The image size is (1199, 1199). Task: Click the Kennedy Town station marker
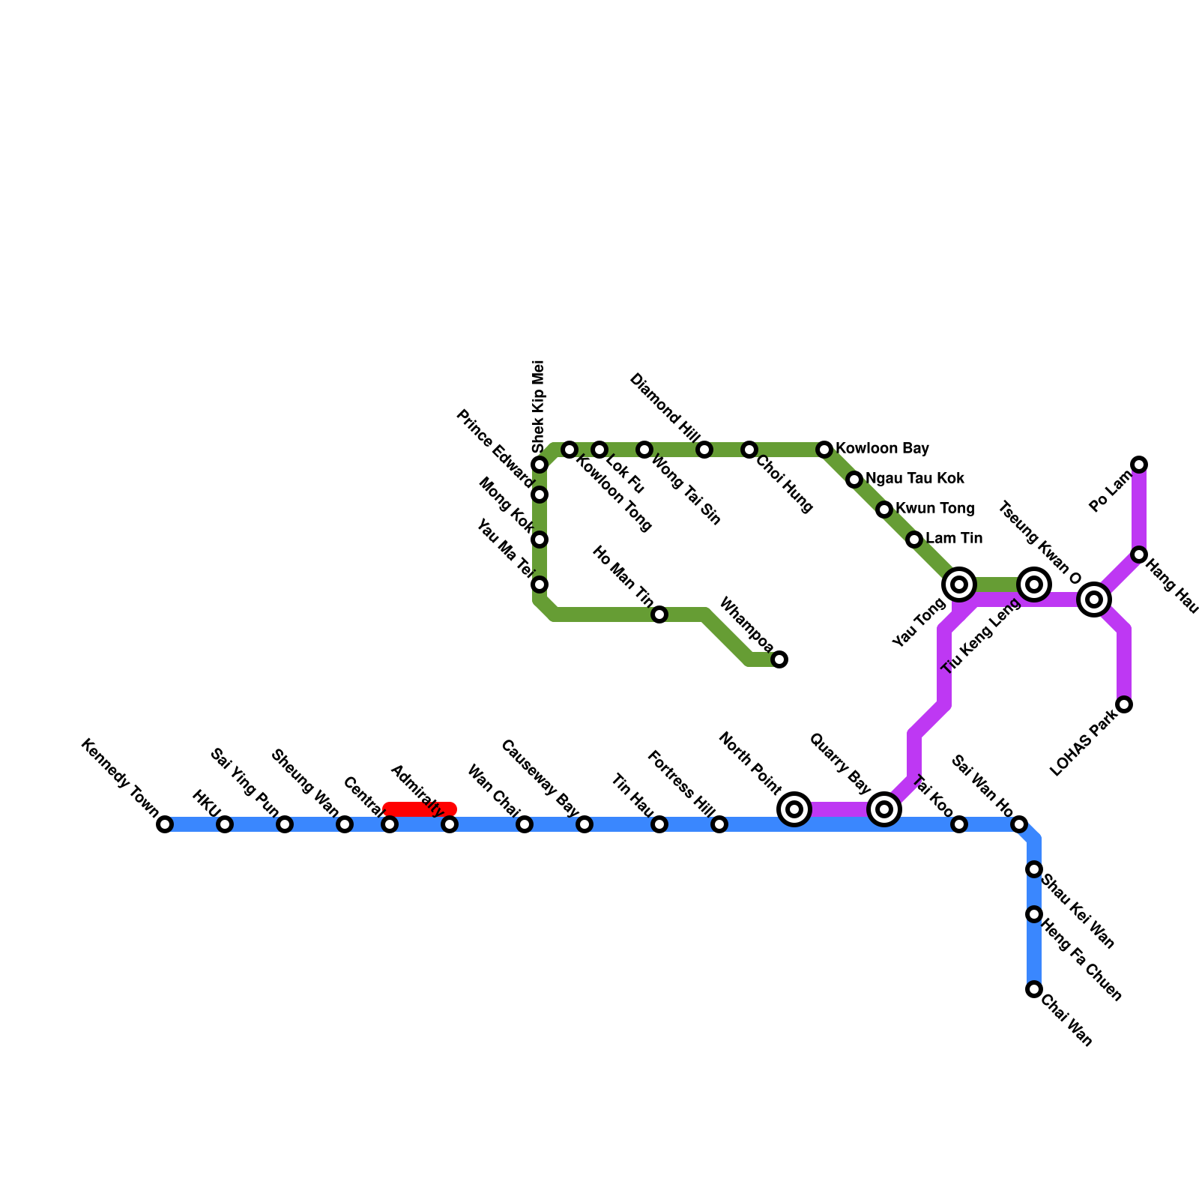point(165,824)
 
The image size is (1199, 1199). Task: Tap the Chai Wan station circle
point(1034,989)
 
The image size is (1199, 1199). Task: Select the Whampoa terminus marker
point(779,659)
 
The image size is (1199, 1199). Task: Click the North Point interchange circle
point(795,809)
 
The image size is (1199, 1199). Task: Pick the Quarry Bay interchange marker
point(884,809)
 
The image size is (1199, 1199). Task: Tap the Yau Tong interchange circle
point(959,585)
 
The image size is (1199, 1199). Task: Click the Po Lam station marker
point(1139,465)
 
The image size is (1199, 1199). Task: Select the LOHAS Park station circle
point(1124,704)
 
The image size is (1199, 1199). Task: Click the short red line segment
point(420,809)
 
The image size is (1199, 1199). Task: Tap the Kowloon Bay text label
point(882,449)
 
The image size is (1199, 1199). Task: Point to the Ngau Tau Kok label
point(914,479)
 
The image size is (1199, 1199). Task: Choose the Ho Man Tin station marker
point(659,614)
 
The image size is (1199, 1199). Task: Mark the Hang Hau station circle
point(1139,555)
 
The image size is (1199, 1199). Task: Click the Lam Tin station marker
point(914,540)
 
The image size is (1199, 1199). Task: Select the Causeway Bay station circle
point(585,824)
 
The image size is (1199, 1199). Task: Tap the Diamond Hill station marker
point(704,450)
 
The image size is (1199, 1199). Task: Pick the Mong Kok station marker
point(540,540)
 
